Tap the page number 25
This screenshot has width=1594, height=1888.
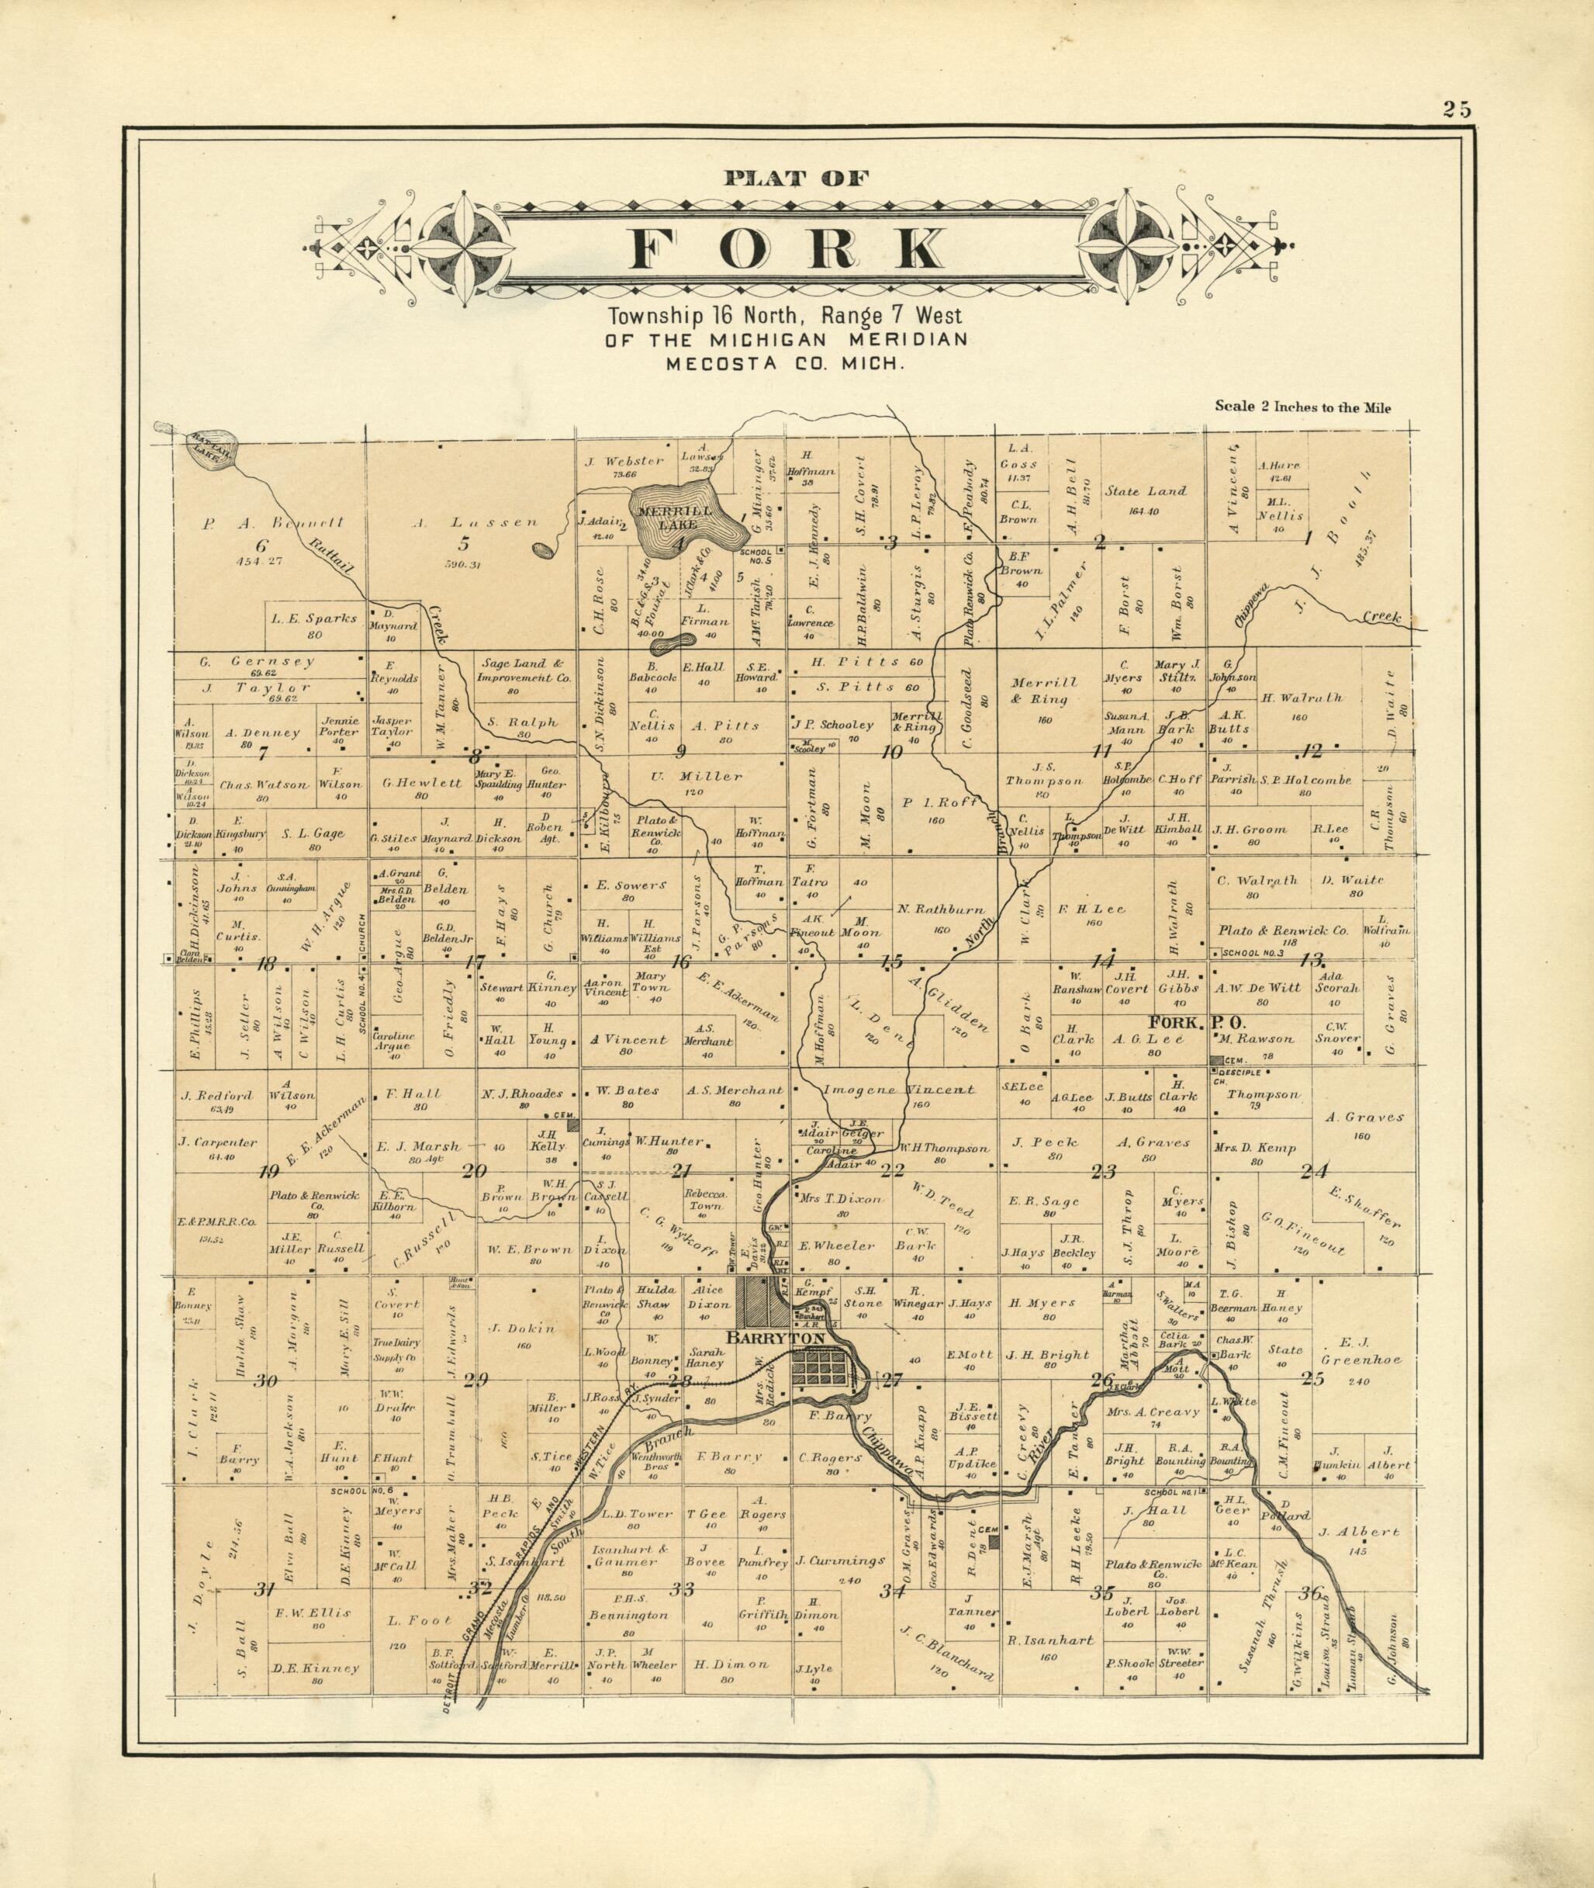click(1457, 110)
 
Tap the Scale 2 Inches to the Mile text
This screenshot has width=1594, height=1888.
click(1302, 407)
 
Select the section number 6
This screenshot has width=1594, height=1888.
click(262, 544)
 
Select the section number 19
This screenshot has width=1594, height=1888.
click(268, 1173)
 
